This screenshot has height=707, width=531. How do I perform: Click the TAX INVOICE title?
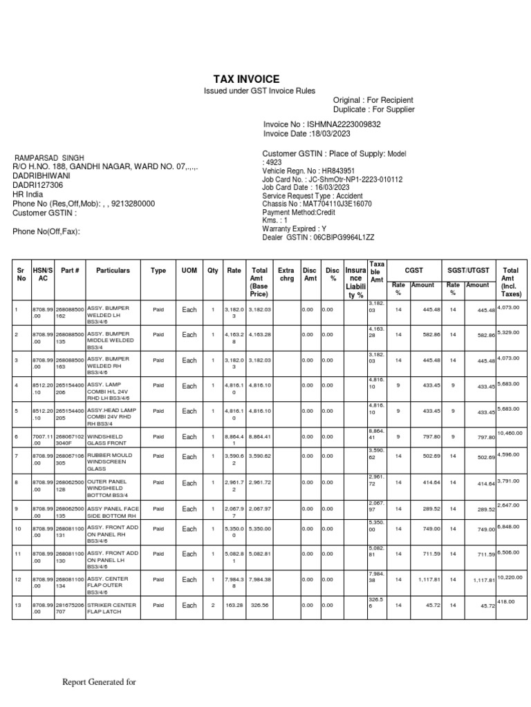pyautogui.click(x=241, y=79)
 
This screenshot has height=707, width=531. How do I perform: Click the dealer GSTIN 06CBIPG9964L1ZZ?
pyautogui.click(x=344, y=238)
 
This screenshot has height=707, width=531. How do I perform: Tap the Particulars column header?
pyautogui.click(x=113, y=271)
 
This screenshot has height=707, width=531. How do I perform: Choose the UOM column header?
pyautogui.click(x=189, y=271)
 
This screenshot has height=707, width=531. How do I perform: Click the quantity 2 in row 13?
pyautogui.click(x=213, y=606)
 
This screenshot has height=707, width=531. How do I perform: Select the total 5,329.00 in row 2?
pyautogui.click(x=510, y=331)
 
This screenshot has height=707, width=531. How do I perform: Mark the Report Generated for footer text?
pyautogui.click(x=99, y=683)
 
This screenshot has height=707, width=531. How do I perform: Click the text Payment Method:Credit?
pyautogui.click(x=299, y=213)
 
